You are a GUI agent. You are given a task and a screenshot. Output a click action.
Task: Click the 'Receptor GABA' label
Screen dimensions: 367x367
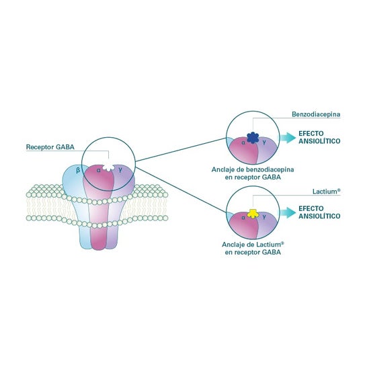(50, 147)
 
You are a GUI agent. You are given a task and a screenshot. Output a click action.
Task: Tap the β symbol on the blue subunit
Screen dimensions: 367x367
(78, 170)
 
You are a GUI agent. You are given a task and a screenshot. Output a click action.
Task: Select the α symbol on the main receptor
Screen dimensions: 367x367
(99, 170)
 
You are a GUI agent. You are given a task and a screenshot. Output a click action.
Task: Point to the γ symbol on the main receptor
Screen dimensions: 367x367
(120, 170)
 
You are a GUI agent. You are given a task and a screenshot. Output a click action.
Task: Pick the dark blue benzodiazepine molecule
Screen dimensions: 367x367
(253, 138)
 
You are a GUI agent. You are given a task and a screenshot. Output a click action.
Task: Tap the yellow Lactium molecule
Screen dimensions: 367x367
(253, 214)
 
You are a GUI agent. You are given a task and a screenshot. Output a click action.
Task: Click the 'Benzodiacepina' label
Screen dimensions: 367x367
(316, 114)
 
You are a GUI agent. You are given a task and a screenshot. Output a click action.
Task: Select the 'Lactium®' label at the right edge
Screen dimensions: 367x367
(326, 192)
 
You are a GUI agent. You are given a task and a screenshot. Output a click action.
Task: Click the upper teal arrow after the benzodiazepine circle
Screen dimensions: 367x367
(288, 138)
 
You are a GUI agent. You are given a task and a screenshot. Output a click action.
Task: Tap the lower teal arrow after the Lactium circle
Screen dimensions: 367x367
(288, 212)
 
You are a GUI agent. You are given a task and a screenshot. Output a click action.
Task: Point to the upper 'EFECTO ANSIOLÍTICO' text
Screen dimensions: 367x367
(319, 137)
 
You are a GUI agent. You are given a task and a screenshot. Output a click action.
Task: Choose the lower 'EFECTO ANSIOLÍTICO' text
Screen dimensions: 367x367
(319, 212)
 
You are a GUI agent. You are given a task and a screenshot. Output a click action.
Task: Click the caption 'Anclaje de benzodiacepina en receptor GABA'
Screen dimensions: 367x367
(253, 173)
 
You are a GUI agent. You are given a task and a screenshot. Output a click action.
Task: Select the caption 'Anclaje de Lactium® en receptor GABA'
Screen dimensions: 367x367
(253, 248)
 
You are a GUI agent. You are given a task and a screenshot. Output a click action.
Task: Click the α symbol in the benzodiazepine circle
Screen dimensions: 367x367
(243, 142)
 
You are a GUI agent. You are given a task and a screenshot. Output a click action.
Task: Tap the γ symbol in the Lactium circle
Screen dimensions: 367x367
(264, 217)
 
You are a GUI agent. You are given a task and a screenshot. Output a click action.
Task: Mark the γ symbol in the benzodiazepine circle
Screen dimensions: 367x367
(264, 142)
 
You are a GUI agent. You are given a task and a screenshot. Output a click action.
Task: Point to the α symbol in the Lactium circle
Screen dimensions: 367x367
(243, 217)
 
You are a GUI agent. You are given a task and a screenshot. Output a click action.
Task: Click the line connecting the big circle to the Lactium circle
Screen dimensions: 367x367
(181, 190)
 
